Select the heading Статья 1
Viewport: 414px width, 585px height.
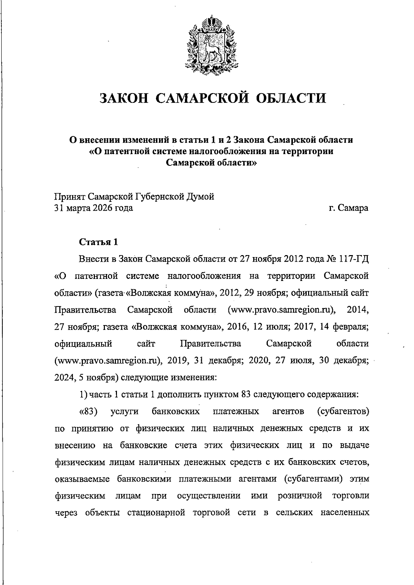point(99,242)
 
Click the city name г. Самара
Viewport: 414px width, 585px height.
point(348,208)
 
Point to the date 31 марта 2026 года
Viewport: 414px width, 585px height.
point(94,208)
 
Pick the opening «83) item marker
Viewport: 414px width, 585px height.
point(89,411)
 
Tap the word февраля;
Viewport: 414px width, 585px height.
point(352,327)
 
